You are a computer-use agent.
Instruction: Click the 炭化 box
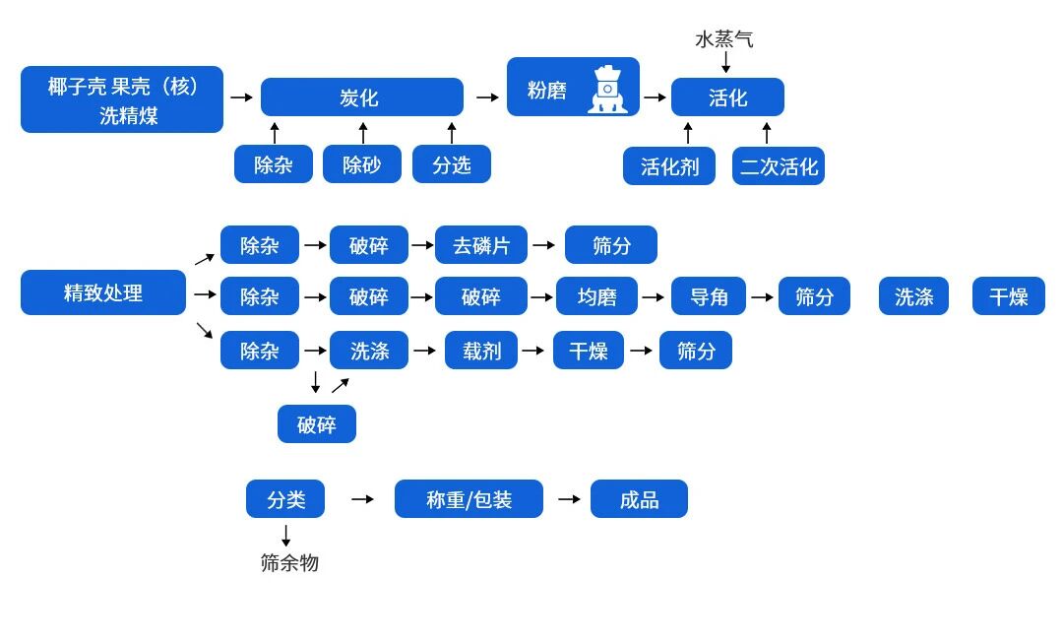[x=361, y=97]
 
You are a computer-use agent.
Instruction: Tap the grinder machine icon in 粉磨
[x=607, y=90]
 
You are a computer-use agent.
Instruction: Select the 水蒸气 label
[x=724, y=39]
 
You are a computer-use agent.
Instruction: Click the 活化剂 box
[x=669, y=166]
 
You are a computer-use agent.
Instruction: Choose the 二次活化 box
[x=779, y=166]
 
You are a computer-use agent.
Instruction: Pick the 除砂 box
[x=361, y=164]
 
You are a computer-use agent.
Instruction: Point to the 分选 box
[x=451, y=164]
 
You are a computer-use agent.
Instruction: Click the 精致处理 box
[x=103, y=292]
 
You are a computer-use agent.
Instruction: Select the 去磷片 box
[x=481, y=245]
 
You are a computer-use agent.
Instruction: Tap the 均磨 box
[x=596, y=296]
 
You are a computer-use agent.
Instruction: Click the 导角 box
[x=709, y=296]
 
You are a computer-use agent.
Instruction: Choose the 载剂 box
[x=481, y=351]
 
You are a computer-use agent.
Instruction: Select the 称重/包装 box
[x=469, y=499]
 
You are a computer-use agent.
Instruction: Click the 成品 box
[x=639, y=499]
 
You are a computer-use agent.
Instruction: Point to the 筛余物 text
[x=289, y=563]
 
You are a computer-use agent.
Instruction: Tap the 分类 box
[x=285, y=499]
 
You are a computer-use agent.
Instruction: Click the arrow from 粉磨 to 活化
[x=656, y=97]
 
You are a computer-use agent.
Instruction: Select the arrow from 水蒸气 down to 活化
[x=726, y=62]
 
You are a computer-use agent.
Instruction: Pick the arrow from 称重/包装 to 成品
[x=569, y=499]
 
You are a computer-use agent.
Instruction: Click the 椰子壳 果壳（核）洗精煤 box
[x=122, y=99]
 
